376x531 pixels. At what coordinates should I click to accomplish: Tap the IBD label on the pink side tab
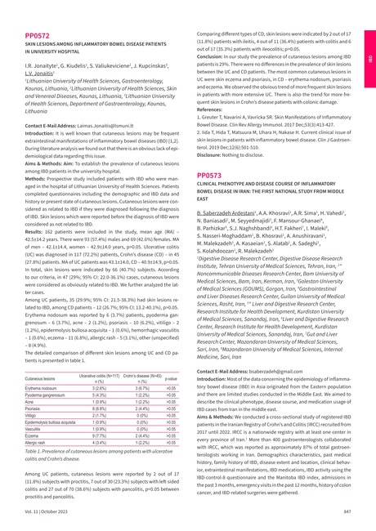coord(369,60)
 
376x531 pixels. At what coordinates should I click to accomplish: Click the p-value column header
coord(171,378)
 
